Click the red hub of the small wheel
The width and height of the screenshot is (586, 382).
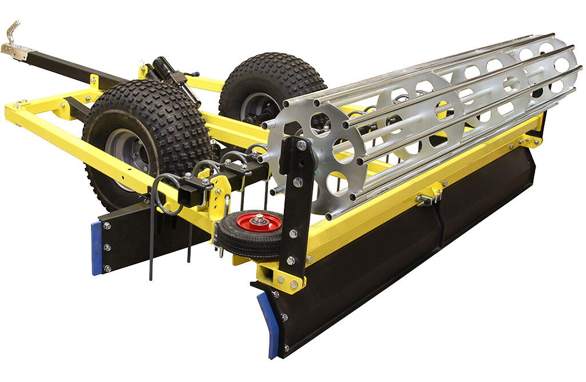tap(259, 222)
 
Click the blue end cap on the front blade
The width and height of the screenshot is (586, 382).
tap(270, 324)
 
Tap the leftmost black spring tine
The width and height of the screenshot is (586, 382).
tap(152, 241)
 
